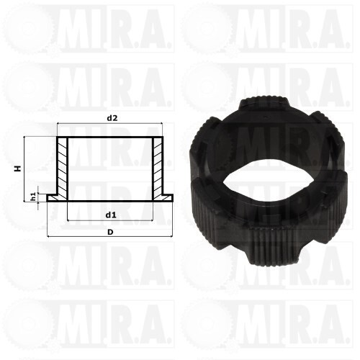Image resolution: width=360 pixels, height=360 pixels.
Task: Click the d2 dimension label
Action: pyautogui.click(x=112, y=118)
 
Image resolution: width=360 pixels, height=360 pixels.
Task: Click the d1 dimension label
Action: pyautogui.click(x=111, y=215)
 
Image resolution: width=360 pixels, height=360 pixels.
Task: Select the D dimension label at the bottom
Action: pyautogui.click(x=110, y=232)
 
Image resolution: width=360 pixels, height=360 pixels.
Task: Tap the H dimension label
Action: pyautogui.click(x=17, y=168)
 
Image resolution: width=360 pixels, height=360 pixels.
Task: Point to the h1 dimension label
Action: pyautogui.click(x=33, y=197)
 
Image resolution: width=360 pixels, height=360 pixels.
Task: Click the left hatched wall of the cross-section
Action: pyautogui.click(x=62, y=168)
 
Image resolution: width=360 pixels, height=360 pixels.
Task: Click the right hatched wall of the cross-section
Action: pyautogui.click(x=158, y=168)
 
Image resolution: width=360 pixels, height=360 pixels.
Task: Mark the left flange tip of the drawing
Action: pyautogui.click(x=48, y=198)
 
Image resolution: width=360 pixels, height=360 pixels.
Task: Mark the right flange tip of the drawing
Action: pyautogui.click(x=173, y=198)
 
